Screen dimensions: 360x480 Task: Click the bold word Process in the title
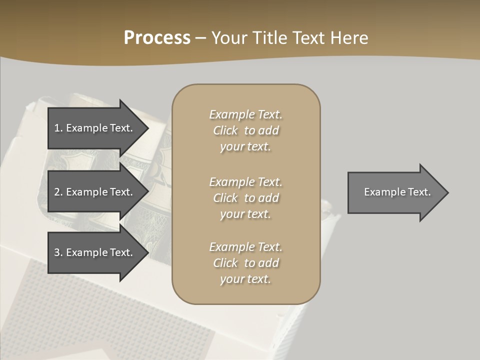click(157, 38)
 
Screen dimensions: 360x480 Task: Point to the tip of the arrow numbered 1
click(148, 128)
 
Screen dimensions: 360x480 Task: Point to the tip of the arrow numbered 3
click(148, 252)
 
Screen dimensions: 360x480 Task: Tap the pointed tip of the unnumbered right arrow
click(448, 192)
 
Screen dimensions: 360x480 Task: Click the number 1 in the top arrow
click(57, 128)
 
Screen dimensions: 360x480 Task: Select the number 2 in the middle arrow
click(57, 192)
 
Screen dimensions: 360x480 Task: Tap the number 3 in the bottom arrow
click(57, 252)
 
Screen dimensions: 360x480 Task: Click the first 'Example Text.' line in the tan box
click(245, 114)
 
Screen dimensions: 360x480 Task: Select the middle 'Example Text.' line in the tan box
click(245, 182)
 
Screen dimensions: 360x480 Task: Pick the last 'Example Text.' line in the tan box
click(245, 247)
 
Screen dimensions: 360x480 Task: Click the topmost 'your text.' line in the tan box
click(245, 147)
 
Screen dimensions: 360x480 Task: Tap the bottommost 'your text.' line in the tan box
click(245, 279)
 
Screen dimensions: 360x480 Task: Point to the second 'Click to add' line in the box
click(245, 198)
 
